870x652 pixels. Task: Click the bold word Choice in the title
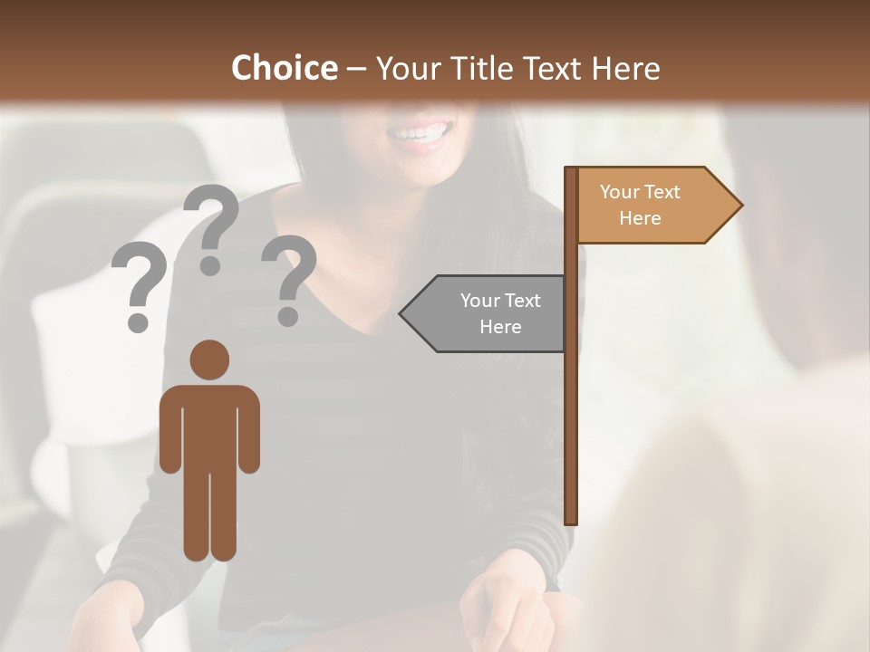pyautogui.click(x=284, y=68)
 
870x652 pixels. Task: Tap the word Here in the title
pyautogui.click(x=625, y=68)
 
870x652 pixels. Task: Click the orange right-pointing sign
pyautogui.click(x=652, y=206)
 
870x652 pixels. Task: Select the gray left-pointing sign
pyautogui.click(x=489, y=313)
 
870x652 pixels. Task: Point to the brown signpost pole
pyautogui.click(x=571, y=407)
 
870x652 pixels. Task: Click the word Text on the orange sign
pyautogui.click(x=662, y=192)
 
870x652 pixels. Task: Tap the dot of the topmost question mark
pyautogui.click(x=210, y=265)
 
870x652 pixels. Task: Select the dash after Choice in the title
pyautogui.click(x=356, y=70)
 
